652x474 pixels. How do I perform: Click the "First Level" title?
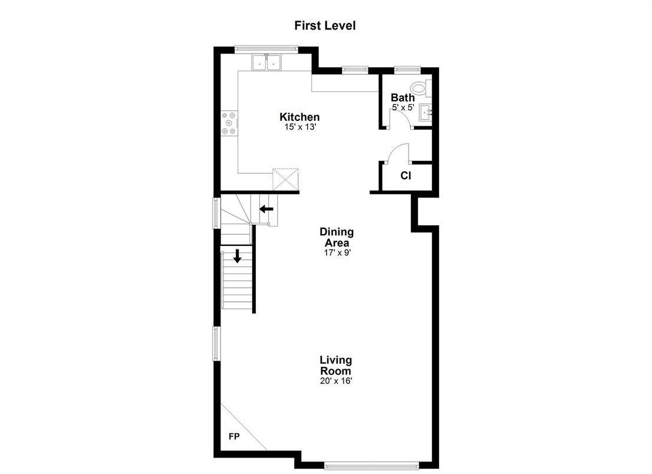point(325,25)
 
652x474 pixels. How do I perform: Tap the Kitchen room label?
point(299,117)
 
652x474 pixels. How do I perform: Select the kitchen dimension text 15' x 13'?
point(299,127)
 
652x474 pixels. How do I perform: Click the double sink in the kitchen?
point(267,62)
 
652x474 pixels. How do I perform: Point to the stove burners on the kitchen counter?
point(229,123)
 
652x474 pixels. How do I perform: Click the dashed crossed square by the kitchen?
point(287,179)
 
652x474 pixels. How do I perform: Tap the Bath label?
point(403,98)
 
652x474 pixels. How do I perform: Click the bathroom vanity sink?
point(426,112)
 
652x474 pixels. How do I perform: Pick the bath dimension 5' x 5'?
point(403,108)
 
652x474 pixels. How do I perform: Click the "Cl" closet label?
point(406,175)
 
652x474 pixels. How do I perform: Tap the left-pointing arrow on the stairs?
point(266,208)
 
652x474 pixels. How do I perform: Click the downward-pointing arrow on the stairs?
point(237,256)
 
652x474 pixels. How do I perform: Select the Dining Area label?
point(337,237)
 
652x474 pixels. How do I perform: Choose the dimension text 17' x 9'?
point(337,252)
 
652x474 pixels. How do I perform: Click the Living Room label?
point(336,366)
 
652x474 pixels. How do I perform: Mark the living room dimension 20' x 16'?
point(336,381)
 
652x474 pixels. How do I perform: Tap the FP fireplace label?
point(233,437)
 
